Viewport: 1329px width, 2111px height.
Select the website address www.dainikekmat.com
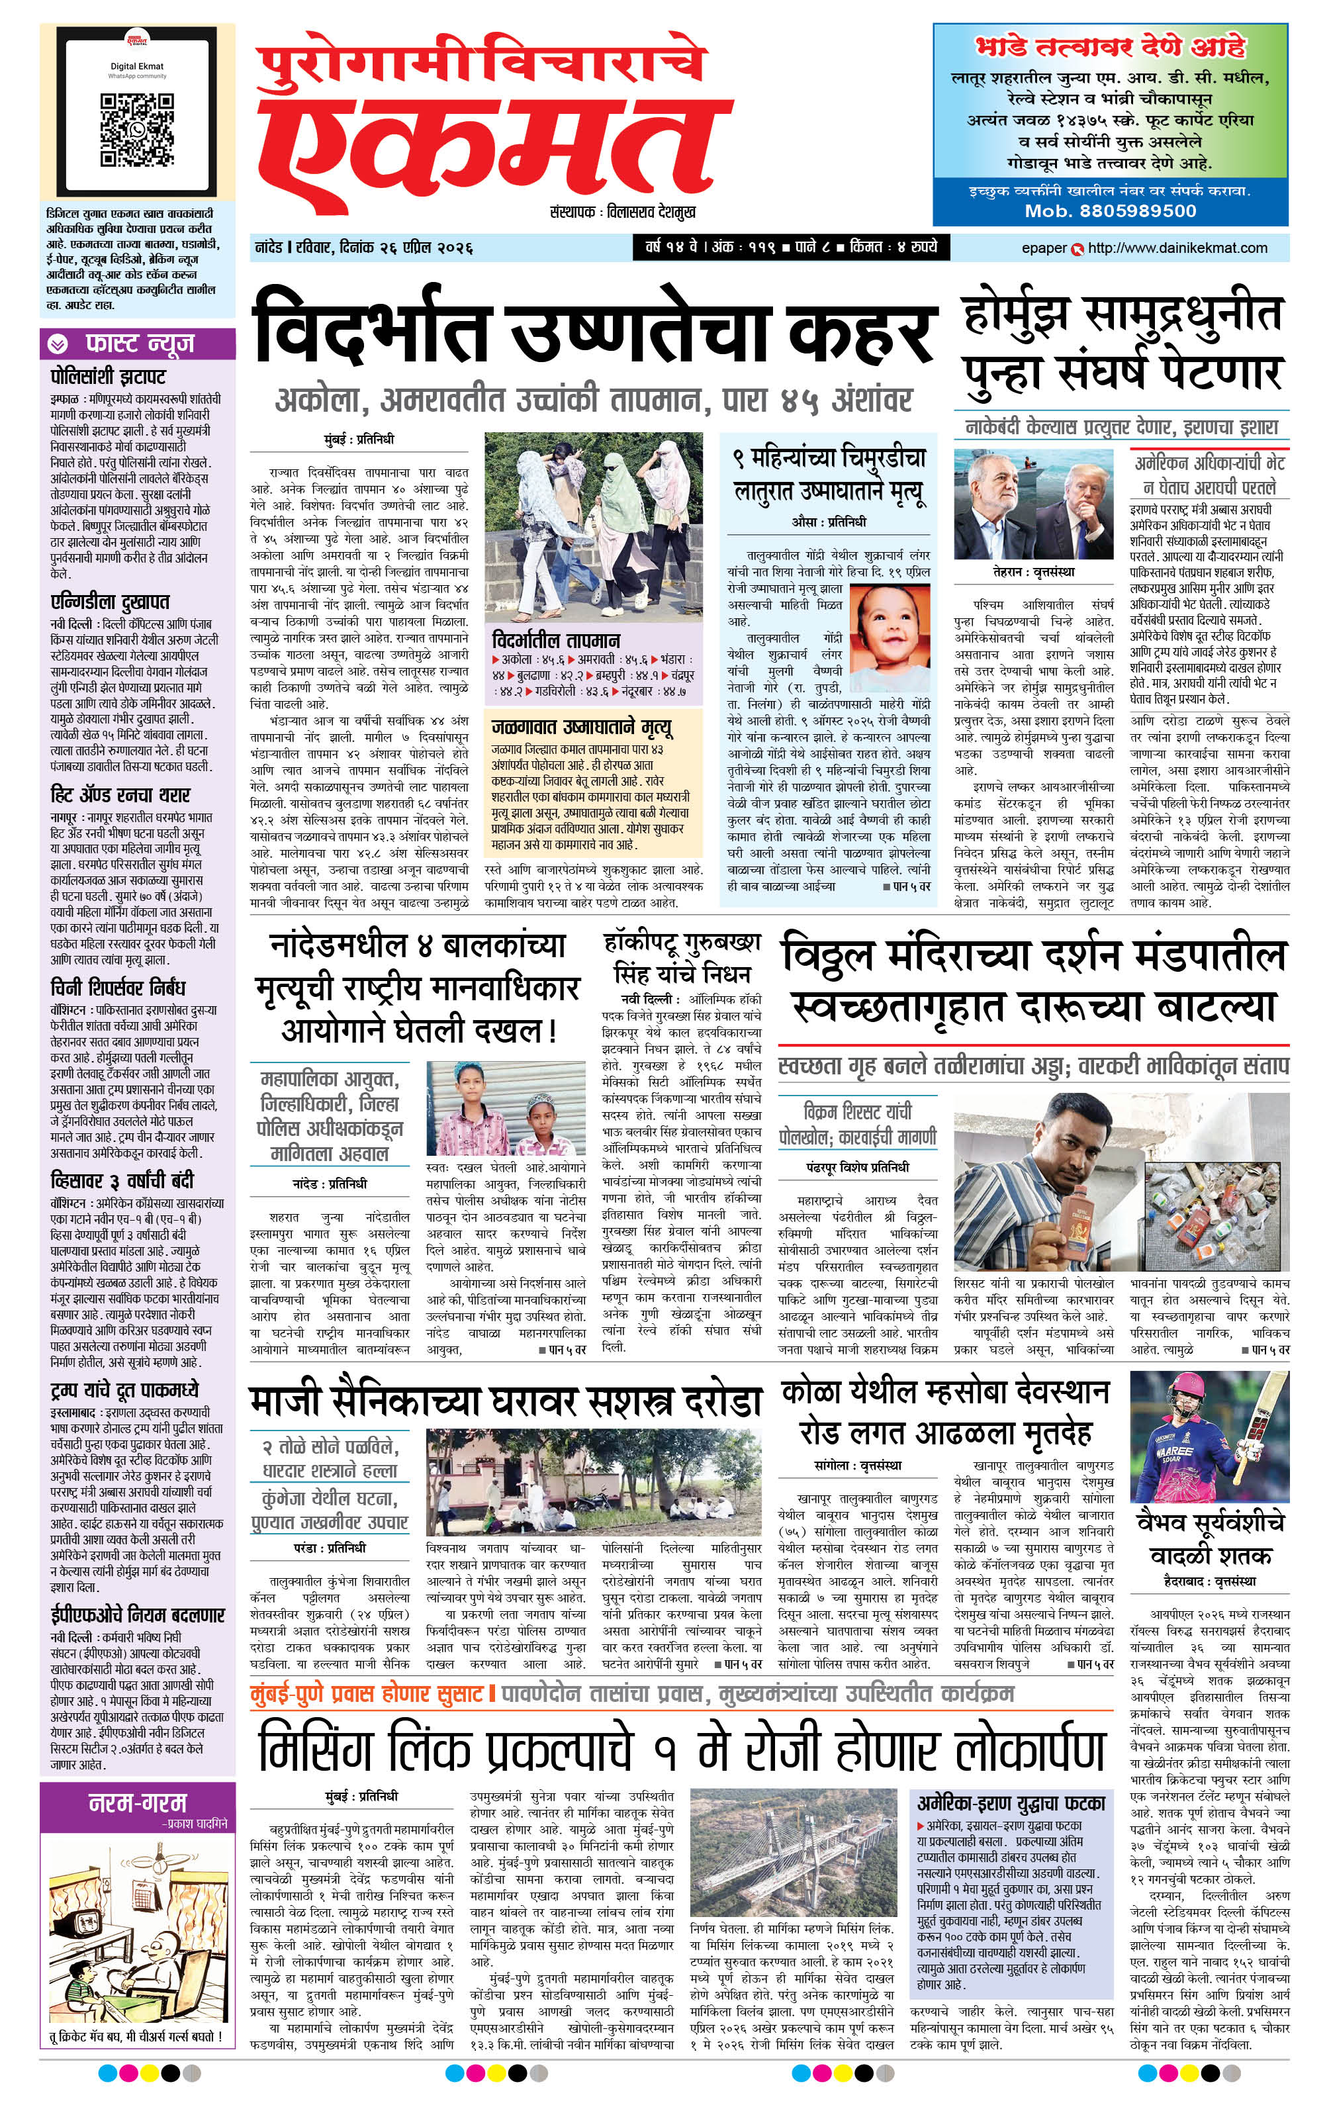click(1177, 248)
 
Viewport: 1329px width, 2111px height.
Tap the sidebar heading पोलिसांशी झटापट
click(108, 377)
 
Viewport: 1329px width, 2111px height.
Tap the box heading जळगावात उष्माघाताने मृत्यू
click(581, 727)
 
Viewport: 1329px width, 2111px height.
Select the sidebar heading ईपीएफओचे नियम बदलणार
click(137, 1614)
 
